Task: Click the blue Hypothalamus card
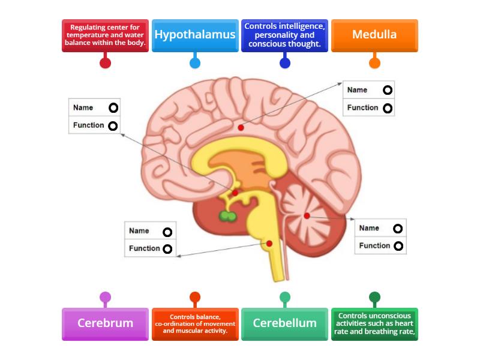pos(195,35)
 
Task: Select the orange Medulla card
pos(374,35)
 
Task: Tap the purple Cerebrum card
pos(105,323)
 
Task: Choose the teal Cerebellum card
pos(284,323)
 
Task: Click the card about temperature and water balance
pos(105,35)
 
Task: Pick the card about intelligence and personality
pos(284,35)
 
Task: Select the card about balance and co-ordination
pos(195,324)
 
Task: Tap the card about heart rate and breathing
pos(374,324)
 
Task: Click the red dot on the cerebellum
pos(307,215)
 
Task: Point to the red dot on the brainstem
pos(269,243)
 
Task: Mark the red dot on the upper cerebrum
pos(241,127)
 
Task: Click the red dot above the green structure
pos(235,193)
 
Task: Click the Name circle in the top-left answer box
pos(113,108)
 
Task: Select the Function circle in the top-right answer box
pos(388,108)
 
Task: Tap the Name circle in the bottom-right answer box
pos(397,228)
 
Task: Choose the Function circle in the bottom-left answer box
pos(167,248)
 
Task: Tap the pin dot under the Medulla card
pos(374,62)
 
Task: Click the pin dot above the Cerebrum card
pos(105,297)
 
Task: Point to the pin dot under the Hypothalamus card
pos(195,62)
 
